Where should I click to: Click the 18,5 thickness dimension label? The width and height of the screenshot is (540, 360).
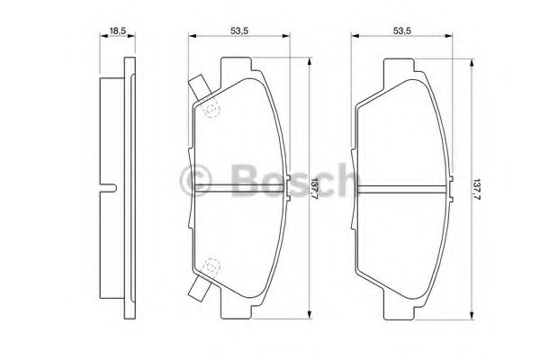click(x=117, y=31)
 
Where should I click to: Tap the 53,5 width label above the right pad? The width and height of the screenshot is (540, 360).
click(x=401, y=31)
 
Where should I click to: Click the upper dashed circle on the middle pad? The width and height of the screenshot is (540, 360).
click(x=212, y=111)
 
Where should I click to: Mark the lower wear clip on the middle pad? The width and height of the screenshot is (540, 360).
click(x=199, y=291)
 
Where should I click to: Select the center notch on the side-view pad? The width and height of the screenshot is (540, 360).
click(x=112, y=188)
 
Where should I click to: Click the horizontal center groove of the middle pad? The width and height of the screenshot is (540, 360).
click(x=239, y=188)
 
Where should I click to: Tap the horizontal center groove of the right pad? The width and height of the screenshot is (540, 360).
click(x=401, y=188)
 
